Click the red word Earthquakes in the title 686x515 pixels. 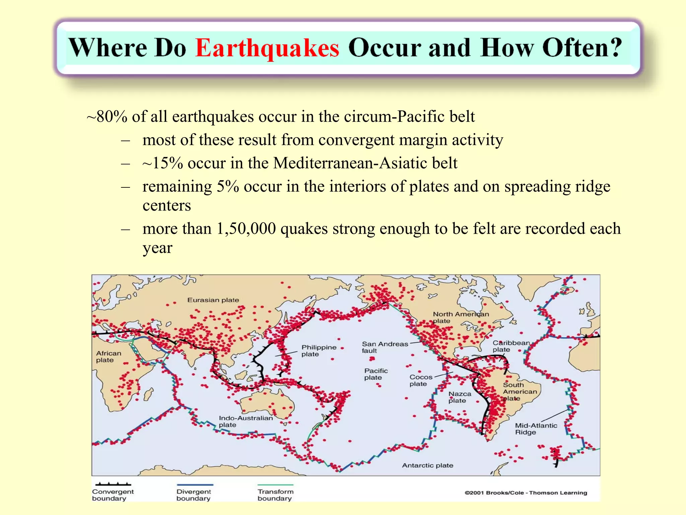coord(267,48)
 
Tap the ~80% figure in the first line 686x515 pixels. coord(107,117)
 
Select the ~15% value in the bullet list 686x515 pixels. coord(162,163)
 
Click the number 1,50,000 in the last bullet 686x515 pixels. coord(246,229)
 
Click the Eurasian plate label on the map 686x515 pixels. coord(213,300)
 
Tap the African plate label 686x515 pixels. coord(109,357)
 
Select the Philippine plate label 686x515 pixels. coord(319,351)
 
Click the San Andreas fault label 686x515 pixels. coord(385,347)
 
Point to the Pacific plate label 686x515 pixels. coord(376,374)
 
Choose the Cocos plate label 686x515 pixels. coord(421,381)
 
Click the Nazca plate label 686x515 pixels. coord(460,397)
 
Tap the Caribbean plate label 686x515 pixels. coord(511,346)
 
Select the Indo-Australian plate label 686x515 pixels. coord(246,421)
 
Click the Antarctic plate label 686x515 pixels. coord(427,465)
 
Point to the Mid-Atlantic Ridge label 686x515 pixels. coord(536,429)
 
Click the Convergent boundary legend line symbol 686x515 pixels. coord(113,484)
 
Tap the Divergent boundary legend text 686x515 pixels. coord(194,495)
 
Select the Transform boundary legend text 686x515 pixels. coord(275,495)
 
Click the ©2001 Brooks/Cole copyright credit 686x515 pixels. coord(526,493)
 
